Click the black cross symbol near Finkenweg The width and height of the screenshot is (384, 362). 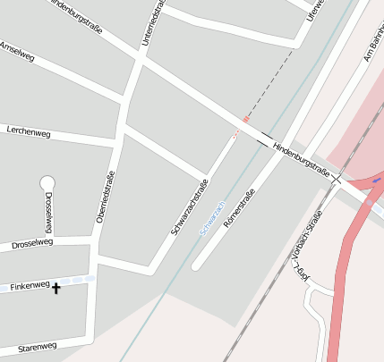(x=56, y=288)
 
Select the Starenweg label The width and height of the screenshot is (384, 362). (x=37, y=346)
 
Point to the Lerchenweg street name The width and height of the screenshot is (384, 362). (x=29, y=132)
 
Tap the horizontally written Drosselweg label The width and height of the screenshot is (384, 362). (x=33, y=242)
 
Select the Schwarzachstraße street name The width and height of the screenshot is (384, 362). (x=190, y=208)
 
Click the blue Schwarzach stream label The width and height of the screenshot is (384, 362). (x=211, y=216)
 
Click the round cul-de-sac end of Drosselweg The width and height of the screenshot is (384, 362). (x=47, y=183)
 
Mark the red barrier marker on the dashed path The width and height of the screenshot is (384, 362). (x=245, y=119)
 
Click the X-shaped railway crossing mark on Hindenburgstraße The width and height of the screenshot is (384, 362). (x=337, y=180)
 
